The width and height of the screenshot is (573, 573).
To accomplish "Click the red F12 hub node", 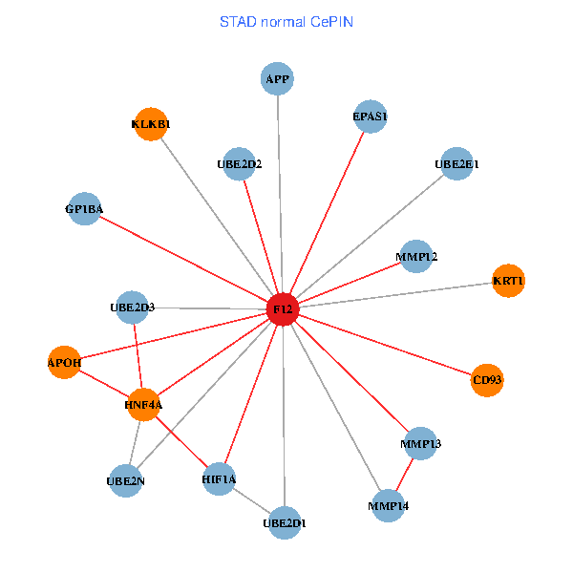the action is [283, 309].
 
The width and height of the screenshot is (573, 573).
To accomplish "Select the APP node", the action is [277, 78].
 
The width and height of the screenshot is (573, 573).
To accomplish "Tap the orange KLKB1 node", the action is [151, 124].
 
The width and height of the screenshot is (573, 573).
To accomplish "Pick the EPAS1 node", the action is [370, 117].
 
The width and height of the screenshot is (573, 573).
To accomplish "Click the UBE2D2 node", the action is [239, 163].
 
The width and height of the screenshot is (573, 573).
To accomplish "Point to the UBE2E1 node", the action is [457, 163].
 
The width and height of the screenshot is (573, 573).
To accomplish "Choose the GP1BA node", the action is [84, 209].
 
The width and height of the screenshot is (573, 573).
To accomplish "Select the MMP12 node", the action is [416, 256].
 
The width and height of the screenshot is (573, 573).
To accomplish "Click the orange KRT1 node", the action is [508, 280].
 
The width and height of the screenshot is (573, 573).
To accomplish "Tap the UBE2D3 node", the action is [132, 307].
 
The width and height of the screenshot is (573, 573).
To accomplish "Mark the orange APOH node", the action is [64, 362].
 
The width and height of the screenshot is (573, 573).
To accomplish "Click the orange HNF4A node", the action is [143, 405].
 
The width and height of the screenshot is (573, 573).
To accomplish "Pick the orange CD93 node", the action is [487, 380].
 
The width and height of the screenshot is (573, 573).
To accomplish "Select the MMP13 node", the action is [421, 444].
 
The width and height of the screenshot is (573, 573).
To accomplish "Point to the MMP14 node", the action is [389, 505].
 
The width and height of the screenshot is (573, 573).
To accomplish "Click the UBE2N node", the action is [126, 480].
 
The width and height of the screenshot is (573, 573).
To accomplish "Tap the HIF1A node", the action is [220, 478].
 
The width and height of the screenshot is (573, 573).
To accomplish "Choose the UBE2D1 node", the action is [285, 522].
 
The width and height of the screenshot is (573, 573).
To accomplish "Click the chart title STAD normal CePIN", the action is [286, 21].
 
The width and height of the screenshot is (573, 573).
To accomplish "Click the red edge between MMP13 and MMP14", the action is [405, 475].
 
